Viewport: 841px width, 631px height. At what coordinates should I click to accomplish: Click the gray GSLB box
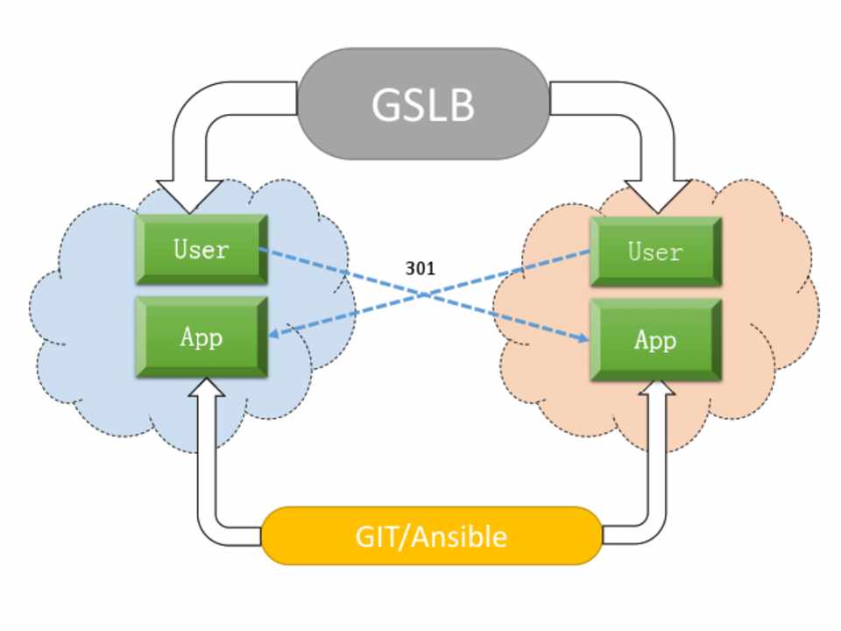(424, 103)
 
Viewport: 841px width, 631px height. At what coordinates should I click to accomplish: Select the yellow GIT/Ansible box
(431, 535)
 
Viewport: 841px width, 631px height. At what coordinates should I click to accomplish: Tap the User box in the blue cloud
(201, 250)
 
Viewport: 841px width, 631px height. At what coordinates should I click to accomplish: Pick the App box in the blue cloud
(201, 337)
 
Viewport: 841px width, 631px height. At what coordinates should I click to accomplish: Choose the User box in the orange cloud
(655, 252)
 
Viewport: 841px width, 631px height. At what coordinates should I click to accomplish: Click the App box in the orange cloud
(655, 340)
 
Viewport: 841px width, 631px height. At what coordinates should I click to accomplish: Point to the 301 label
(420, 269)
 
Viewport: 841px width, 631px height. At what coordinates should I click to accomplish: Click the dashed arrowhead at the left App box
(274, 333)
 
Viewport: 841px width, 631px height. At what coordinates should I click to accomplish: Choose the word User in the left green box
(201, 250)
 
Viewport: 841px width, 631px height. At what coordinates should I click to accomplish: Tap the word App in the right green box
(655, 340)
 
